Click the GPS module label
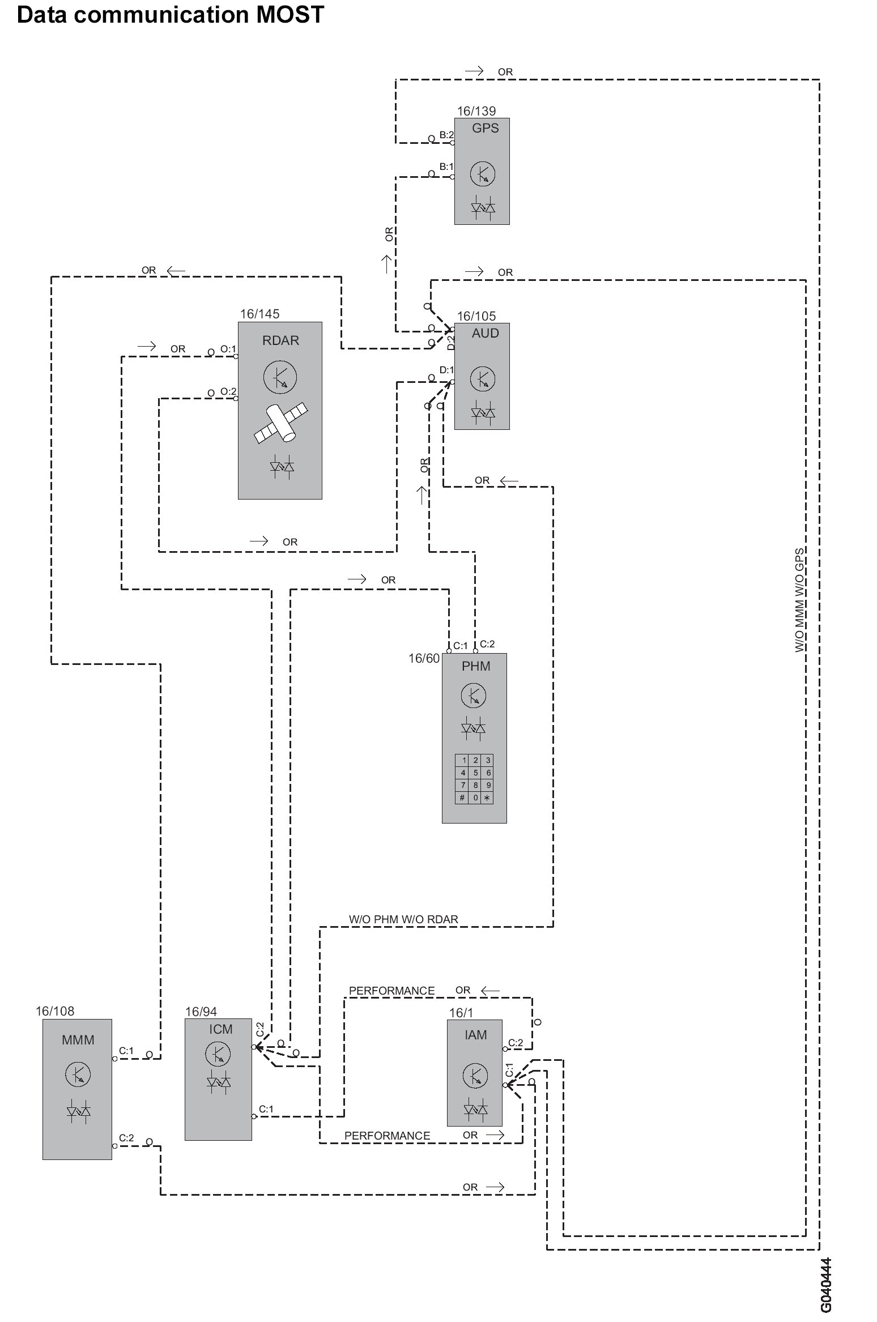(485, 128)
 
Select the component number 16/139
(476, 111)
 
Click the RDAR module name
(280, 340)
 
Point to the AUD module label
(485, 333)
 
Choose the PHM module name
(476, 666)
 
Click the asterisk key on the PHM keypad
(487, 798)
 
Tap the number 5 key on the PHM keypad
(475, 773)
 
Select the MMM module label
(78, 1040)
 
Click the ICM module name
(220, 1029)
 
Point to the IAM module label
(475, 1035)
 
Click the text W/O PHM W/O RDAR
(403, 919)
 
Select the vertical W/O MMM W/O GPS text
(799, 600)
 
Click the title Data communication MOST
(171, 14)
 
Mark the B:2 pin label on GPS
(446, 135)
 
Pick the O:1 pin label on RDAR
(228, 349)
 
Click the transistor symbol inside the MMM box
(78, 1073)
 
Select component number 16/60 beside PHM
(424, 658)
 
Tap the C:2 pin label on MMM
(126, 1138)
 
